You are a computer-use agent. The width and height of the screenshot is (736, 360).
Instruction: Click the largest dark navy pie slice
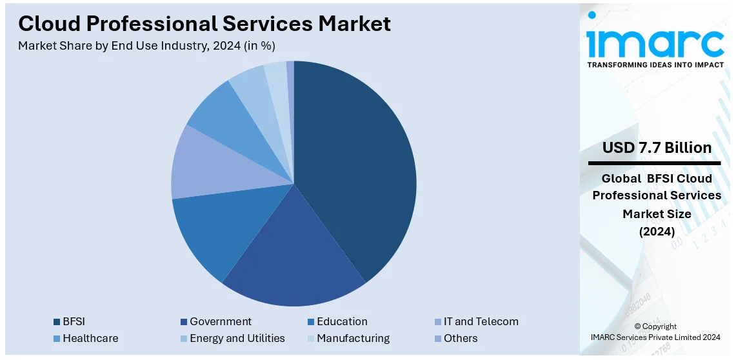tap(355, 168)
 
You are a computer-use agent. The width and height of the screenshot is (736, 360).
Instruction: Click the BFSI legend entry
tap(74, 321)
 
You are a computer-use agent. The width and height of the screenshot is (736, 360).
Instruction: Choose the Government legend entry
tap(221, 321)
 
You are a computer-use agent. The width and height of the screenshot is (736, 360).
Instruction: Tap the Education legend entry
tap(343, 321)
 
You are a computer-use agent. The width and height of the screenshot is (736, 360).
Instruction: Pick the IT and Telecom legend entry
tap(481, 321)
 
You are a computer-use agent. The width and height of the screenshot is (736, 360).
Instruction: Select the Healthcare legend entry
tap(90, 338)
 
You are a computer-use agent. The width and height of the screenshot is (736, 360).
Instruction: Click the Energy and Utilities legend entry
tap(237, 338)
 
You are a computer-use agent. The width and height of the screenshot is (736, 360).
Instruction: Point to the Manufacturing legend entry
tap(353, 338)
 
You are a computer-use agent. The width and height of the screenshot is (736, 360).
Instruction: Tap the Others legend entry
tap(461, 338)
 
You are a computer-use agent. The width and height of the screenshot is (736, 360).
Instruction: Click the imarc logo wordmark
tap(655, 43)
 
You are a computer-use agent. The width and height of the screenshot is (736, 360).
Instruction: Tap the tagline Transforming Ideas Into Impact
tap(655, 65)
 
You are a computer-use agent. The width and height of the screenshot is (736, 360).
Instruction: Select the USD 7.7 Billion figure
tap(657, 148)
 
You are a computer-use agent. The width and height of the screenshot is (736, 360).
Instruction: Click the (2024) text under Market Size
tap(657, 232)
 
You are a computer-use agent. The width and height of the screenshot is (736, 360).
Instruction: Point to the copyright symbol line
tap(655, 326)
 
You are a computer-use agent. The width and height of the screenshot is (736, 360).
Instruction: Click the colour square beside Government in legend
tap(184, 322)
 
